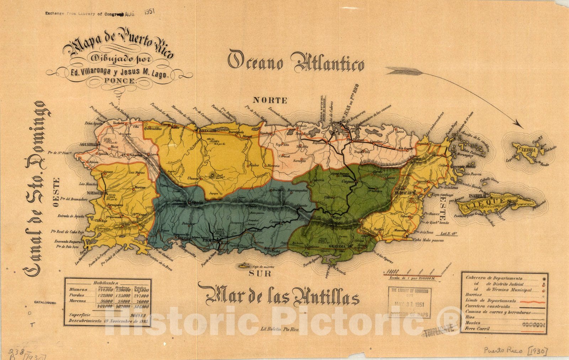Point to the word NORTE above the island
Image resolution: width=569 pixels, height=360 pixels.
[x=270, y=101]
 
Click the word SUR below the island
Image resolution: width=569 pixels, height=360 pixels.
[x=260, y=274]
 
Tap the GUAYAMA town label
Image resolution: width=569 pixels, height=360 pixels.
[x=338, y=246]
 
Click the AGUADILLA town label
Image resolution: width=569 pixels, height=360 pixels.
[x=87, y=145]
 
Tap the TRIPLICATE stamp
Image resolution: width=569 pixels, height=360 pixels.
[x=438, y=329]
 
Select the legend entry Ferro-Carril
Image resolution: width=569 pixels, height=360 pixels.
[x=478, y=329]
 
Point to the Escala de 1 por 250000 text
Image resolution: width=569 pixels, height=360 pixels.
[x=412, y=279]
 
